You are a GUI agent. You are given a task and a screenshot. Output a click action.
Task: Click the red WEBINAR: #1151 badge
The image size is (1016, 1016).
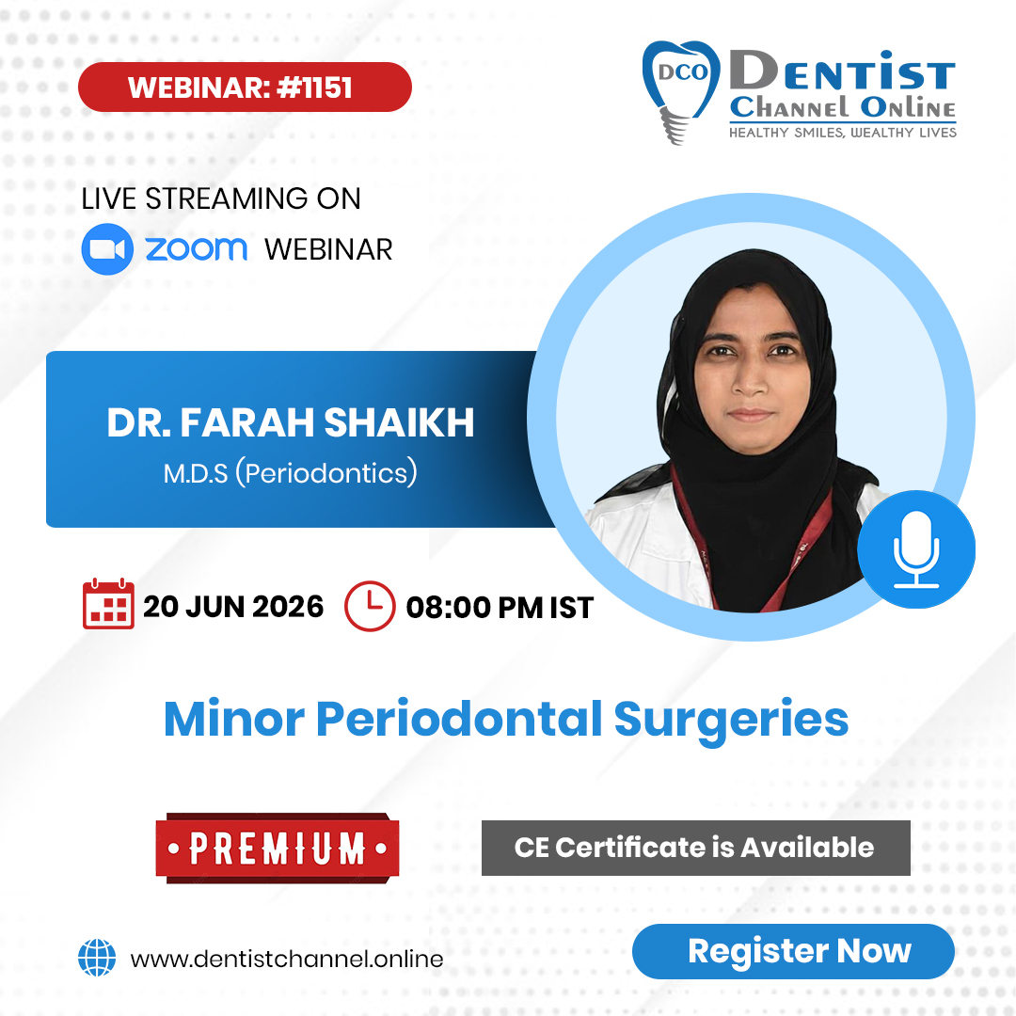click(x=245, y=87)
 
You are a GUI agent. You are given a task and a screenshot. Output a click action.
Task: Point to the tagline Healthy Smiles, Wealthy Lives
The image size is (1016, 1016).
click(x=843, y=133)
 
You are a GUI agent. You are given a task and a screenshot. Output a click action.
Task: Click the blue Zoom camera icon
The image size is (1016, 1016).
click(x=107, y=249)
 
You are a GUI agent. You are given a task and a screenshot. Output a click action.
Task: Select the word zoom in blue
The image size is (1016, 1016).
click(x=196, y=249)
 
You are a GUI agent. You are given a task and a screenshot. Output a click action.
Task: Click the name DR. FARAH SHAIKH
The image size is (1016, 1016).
click(x=291, y=423)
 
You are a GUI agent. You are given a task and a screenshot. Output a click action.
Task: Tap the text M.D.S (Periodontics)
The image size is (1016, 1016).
click(x=291, y=472)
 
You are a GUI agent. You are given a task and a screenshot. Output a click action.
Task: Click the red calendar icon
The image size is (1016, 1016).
click(x=109, y=605)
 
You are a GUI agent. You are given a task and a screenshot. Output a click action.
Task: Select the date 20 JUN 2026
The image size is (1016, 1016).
click(x=233, y=607)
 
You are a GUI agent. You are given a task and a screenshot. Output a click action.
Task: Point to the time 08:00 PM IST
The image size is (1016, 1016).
click(x=500, y=608)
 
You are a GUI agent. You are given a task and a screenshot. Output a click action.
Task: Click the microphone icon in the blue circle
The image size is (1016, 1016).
click(x=916, y=549)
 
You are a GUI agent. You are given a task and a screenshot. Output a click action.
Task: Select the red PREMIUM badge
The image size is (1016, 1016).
click(x=278, y=848)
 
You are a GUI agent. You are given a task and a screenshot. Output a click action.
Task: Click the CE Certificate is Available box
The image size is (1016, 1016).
click(x=695, y=848)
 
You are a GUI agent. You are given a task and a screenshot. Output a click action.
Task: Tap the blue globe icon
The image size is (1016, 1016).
click(x=97, y=959)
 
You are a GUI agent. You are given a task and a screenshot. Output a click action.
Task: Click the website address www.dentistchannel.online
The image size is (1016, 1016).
click(x=287, y=960)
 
